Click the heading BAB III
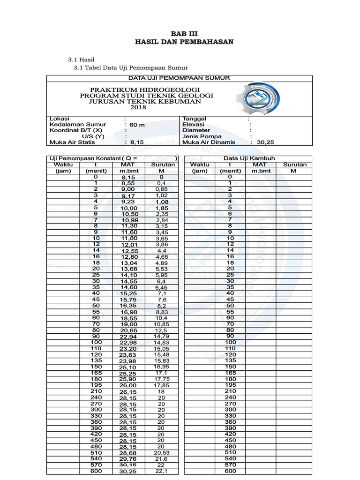[x=184, y=34]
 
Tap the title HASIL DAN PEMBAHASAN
[x=184, y=42]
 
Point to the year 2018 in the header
[x=138, y=107]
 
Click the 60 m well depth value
[x=137, y=125]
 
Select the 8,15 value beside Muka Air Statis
[x=137, y=142]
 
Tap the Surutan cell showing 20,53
[x=161, y=453]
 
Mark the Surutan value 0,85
[x=161, y=189]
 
